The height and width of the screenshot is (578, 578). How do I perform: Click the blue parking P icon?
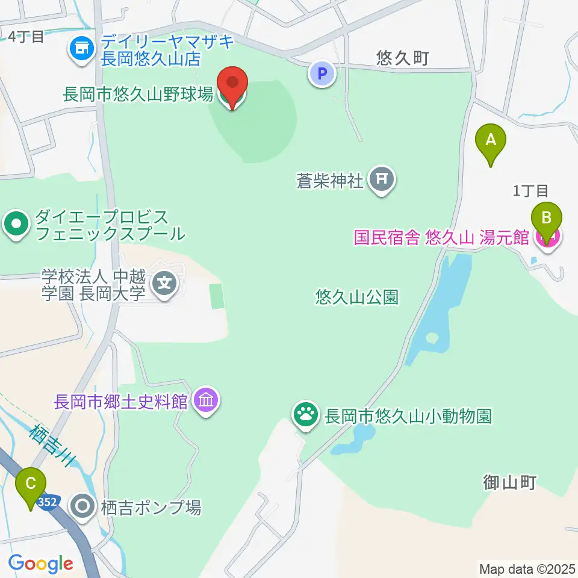click(322, 75)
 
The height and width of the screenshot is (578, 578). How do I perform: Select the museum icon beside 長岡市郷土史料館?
click(206, 400)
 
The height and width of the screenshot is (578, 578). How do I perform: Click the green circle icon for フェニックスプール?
click(17, 225)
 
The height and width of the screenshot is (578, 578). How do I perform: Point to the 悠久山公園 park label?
click(357, 296)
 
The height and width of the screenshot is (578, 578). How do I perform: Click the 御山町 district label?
click(509, 482)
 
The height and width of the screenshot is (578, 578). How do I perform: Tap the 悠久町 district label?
click(402, 58)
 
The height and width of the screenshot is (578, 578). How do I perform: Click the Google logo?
click(40, 564)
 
